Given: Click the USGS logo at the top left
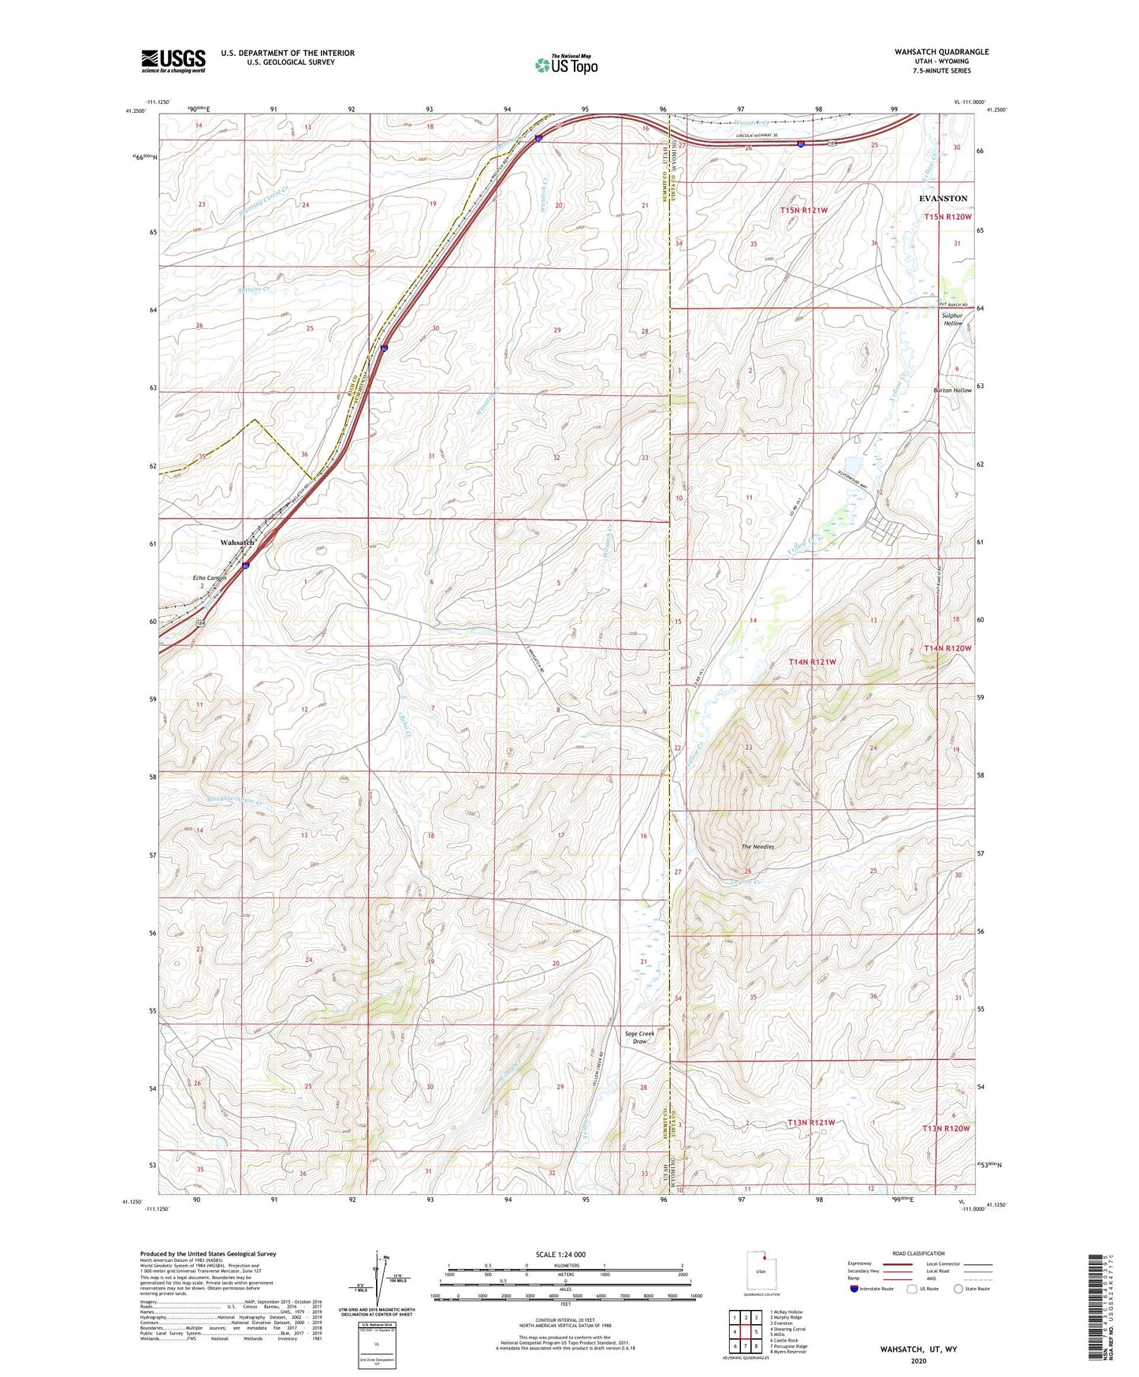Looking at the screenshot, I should click(173, 61).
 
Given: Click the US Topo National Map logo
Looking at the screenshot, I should click(566, 65).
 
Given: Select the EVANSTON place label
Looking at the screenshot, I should click(943, 199).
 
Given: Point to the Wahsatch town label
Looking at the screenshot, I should click(237, 543).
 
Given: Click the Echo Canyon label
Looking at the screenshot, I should click(210, 578).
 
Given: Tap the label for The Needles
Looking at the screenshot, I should click(757, 847).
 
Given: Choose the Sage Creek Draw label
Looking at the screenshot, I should click(639, 1037).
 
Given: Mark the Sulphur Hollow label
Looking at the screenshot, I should click(953, 319).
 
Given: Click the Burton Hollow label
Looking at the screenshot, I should click(952, 390).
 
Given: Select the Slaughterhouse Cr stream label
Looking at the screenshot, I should click(223, 801).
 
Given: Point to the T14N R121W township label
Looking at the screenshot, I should click(812, 662).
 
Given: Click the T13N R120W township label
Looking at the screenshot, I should click(946, 1129).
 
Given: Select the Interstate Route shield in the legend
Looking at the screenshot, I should click(854, 1289).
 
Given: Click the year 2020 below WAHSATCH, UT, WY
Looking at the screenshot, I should click(918, 1360).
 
